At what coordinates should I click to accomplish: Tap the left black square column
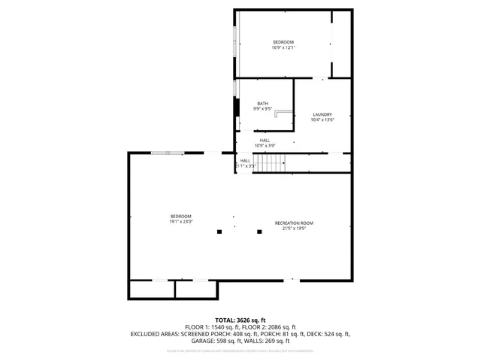coord(219,232)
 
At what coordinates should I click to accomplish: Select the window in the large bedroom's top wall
coord(166,153)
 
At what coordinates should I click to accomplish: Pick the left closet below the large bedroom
coord(152,290)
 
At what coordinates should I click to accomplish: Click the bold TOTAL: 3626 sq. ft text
coord(240,320)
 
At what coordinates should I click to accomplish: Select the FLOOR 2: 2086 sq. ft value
coord(268,326)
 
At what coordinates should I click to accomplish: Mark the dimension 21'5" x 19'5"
coord(294,229)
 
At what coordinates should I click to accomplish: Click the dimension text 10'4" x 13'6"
coord(322,120)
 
